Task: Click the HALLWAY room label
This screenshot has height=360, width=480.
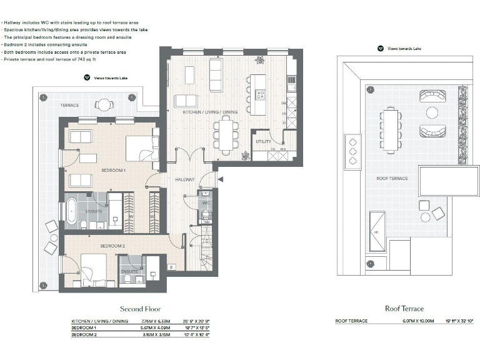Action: coord(185,179)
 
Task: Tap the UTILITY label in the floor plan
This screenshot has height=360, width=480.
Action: coord(263,142)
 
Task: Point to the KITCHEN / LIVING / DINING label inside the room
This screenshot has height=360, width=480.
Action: coord(210,112)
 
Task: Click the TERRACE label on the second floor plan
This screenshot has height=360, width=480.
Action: coord(69,105)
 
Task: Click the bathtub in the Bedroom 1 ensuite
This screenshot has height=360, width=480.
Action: coord(71,207)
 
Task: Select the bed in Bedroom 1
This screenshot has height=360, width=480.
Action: coord(141,148)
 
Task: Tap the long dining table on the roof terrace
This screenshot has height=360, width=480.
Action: coord(391,129)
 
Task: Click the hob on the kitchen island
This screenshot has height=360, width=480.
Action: coord(260,96)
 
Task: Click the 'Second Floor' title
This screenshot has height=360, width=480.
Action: coord(140,309)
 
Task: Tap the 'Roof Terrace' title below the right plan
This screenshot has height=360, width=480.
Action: coord(404,309)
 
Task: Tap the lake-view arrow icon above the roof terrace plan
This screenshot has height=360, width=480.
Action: coord(380,47)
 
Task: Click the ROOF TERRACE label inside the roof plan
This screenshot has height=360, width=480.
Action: coord(392,178)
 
